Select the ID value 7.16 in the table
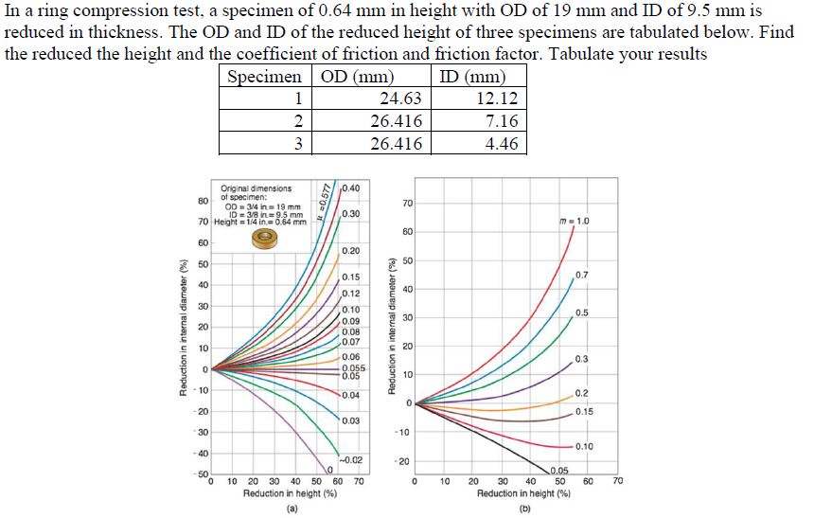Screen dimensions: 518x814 (x=501, y=121)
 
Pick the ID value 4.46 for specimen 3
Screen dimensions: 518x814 (x=501, y=144)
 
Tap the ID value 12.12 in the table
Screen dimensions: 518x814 (x=496, y=98)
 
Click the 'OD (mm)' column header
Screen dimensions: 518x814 (x=358, y=77)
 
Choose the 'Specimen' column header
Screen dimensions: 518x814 (x=266, y=77)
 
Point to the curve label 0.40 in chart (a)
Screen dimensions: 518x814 (x=350, y=186)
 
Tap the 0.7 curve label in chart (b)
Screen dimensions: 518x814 (x=581, y=275)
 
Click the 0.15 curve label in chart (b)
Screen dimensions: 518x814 (x=584, y=411)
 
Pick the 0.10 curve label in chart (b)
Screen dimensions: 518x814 (x=584, y=446)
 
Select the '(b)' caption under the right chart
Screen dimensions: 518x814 (x=522, y=509)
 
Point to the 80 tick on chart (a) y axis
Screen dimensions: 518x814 (x=203, y=201)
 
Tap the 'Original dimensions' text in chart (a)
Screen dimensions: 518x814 (x=257, y=188)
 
